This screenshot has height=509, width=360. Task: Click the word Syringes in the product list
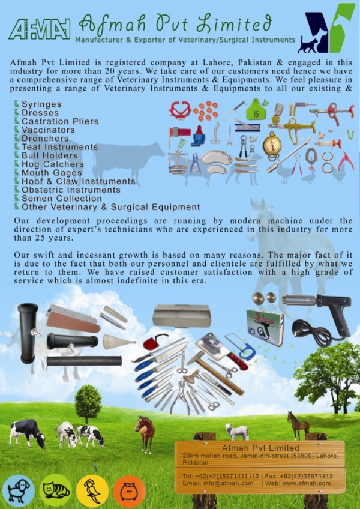point(41,104)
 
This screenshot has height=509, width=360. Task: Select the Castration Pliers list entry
point(60,121)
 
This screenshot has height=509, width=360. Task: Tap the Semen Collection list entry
point(61,198)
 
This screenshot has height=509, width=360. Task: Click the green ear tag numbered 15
point(254,110)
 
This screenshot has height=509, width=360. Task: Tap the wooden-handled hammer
point(215,372)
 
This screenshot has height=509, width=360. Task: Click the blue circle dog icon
point(19,491)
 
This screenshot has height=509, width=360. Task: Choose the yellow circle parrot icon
point(92,491)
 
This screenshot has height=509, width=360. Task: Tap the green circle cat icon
point(56,490)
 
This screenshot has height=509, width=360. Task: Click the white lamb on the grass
point(236,432)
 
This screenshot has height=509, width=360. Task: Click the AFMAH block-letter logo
point(40,29)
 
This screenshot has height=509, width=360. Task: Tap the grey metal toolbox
point(182,316)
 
